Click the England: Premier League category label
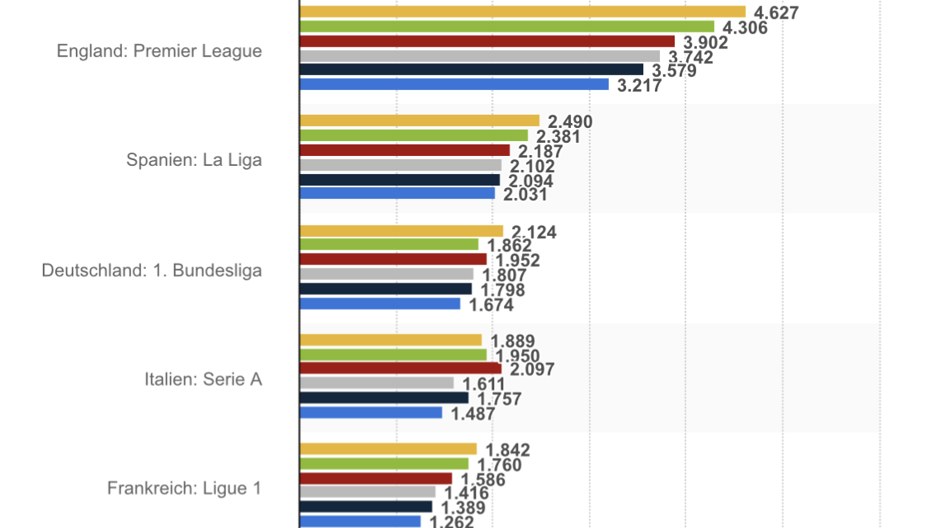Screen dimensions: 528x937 [159, 51]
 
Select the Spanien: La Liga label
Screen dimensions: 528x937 [194, 160]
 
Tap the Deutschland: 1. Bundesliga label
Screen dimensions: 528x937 [152, 270]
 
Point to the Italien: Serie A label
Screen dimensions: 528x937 [203, 379]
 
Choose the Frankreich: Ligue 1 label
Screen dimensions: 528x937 [184, 488]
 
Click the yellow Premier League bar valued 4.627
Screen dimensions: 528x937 [522, 12]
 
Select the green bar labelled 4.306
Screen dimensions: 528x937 [506, 26]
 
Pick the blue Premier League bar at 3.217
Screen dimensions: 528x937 [454, 84]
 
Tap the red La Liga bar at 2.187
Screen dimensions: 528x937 [404, 150]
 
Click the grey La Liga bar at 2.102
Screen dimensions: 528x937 [400, 165]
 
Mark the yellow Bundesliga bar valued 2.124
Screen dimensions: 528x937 [401, 231]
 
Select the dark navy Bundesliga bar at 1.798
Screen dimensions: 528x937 [385, 289]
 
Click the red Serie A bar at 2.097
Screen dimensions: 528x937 [400, 368]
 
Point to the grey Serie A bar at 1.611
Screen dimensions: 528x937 [376, 383]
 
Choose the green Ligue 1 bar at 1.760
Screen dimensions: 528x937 [384, 464]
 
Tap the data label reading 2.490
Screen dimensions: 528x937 [570, 123]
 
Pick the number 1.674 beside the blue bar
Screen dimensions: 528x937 [491, 305]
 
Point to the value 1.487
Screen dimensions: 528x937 [473, 414]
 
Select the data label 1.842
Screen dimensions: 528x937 [507, 450]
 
